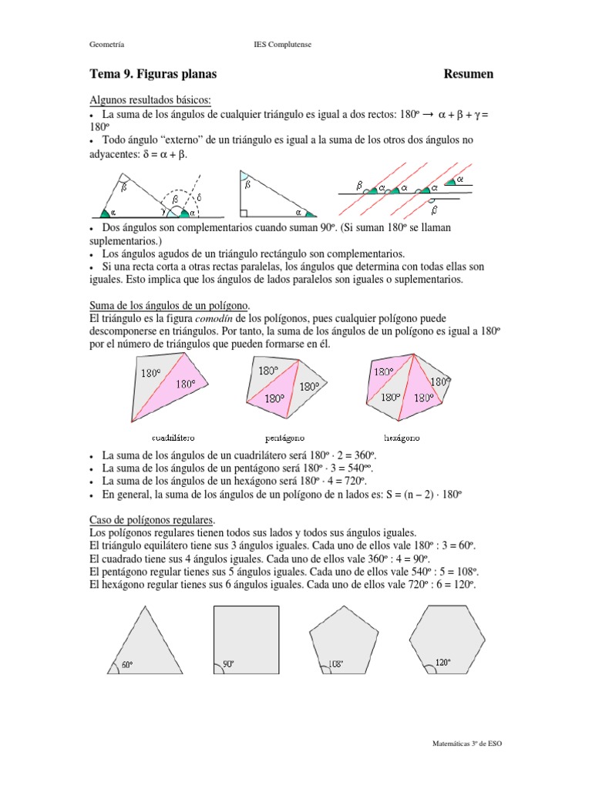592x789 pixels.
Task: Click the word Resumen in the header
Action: [x=469, y=74]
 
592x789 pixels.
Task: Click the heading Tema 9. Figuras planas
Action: [x=153, y=74]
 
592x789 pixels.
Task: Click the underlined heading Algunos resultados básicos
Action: [x=150, y=100]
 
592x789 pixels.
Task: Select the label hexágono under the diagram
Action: [x=402, y=437]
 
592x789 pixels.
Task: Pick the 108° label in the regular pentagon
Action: [x=335, y=663]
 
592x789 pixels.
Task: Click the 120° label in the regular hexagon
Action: [x=442, y=662]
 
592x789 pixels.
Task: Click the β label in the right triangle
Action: [x=247, y=185]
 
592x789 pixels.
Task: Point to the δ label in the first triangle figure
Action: [x=198, y=197]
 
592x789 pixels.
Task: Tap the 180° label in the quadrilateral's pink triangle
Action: [x=186, y=383]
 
